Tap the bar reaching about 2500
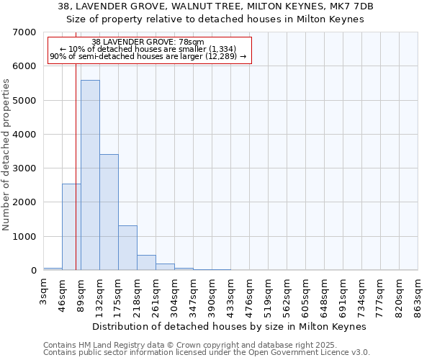tap(71, 227)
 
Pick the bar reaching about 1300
tap(127, 248)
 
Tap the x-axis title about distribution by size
tap(230, 326)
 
